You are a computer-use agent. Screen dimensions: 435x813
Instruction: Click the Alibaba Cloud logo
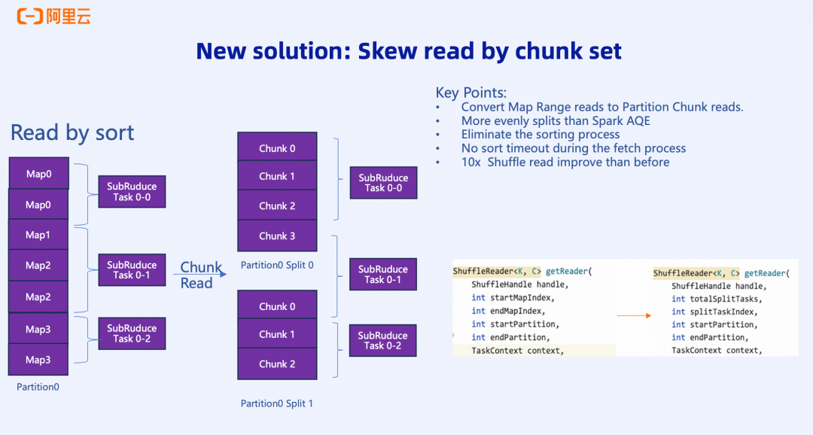[53, 16]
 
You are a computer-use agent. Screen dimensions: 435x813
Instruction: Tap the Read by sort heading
[72, 133]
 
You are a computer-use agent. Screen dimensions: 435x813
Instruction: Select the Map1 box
[38, 235]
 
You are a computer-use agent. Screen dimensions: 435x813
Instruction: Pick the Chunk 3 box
[277, 236]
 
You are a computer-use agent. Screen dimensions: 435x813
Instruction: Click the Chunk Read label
[200, 275]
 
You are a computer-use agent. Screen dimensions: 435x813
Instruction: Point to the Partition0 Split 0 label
[277, 265]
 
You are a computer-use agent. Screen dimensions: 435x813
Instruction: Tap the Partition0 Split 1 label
[277, 403]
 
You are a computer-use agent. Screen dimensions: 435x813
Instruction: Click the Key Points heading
[471, 93]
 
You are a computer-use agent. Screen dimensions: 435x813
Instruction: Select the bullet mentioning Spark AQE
[556, 120]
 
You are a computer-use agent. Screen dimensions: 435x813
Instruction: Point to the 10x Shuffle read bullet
[565, 162]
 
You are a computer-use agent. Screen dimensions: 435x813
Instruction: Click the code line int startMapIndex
[507, 298]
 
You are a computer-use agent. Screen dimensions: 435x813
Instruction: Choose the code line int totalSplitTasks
[711, 299]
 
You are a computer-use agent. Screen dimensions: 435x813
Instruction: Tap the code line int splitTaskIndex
[711, 312]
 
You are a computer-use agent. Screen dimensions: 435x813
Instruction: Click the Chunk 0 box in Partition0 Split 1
[277, 306]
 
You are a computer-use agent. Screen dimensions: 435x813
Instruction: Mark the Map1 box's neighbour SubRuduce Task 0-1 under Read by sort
[132, 269]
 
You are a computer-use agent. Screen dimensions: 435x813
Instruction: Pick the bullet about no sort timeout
[574, 148]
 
